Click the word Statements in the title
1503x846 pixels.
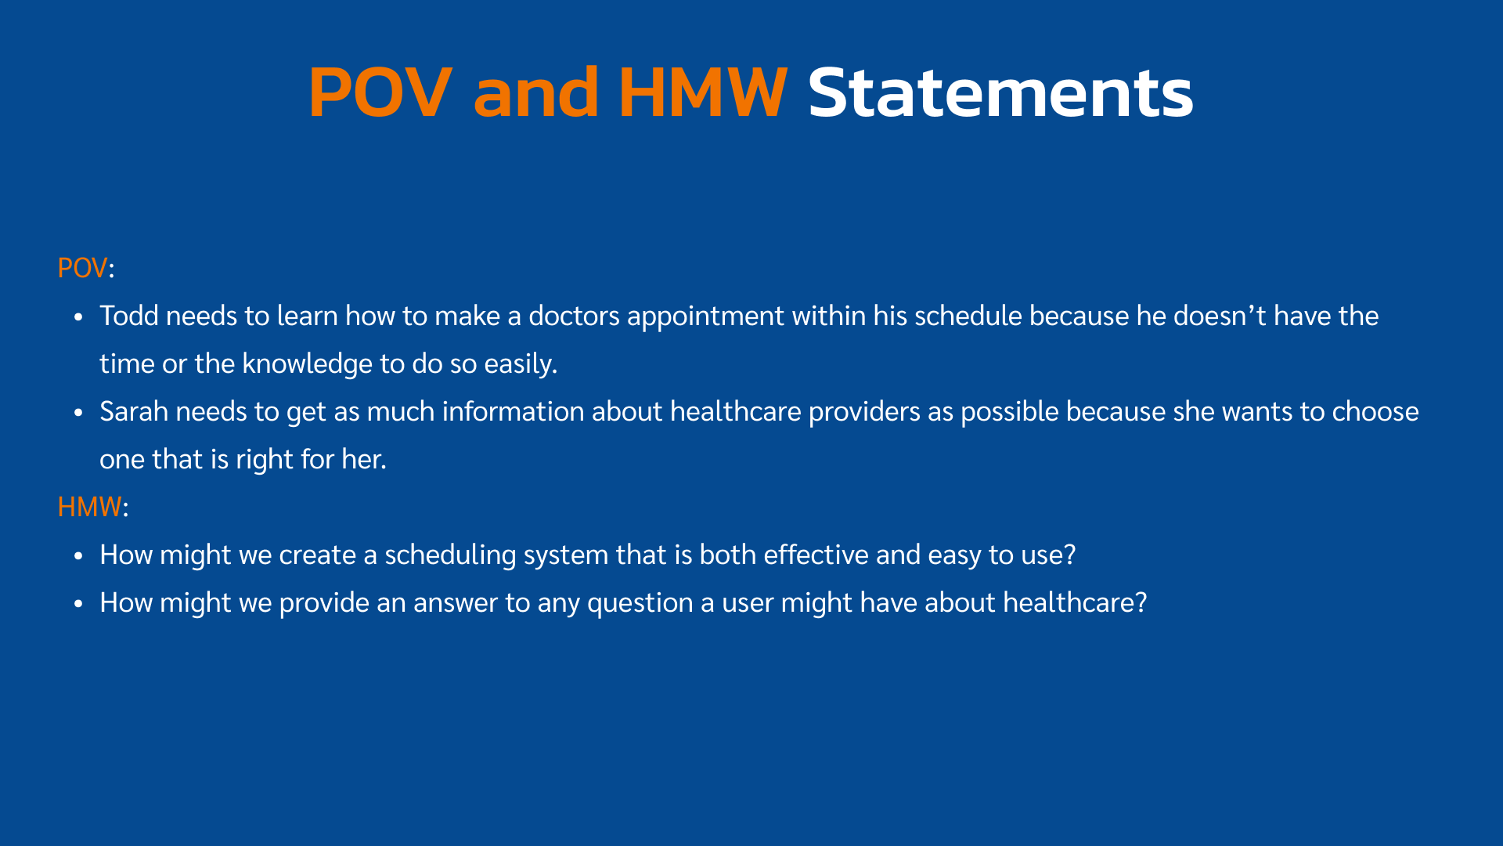[x=1000, y=92]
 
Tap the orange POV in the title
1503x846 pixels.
[x=380, y=92]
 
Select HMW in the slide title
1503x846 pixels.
[x=702, y=92]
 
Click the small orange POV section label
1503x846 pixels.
[x=82, y=268]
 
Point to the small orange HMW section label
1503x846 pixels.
[x=89, y=507]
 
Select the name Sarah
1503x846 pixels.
[x=134, y=411]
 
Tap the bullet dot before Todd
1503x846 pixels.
[x=78, y=317]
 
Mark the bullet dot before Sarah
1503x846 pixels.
[x=78, y=413]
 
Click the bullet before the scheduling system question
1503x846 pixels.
[x=78, y=556]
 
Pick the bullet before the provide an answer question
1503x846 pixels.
[x=78, y=604]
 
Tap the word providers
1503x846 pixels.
[x=864, y=413]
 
